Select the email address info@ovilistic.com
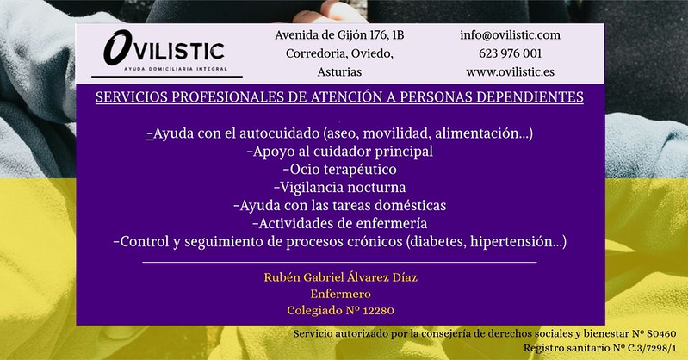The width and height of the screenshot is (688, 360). tap(510, 35)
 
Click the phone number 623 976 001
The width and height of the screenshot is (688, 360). tap(510, 53)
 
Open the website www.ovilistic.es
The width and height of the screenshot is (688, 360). tap(510, 72)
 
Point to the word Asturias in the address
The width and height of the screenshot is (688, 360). tap(338, 72)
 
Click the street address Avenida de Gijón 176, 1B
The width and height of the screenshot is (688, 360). tap(338, 35)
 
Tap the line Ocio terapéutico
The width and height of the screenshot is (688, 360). tap(339, 169)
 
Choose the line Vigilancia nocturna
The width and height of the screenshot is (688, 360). tap(339, 187)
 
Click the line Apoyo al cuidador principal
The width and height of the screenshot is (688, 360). tap(339, 152)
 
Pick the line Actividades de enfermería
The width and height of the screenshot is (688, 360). tap(339, 224)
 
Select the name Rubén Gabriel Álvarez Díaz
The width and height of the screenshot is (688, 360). tap(339, 276)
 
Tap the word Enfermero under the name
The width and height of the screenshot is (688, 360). tap(339, 294)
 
